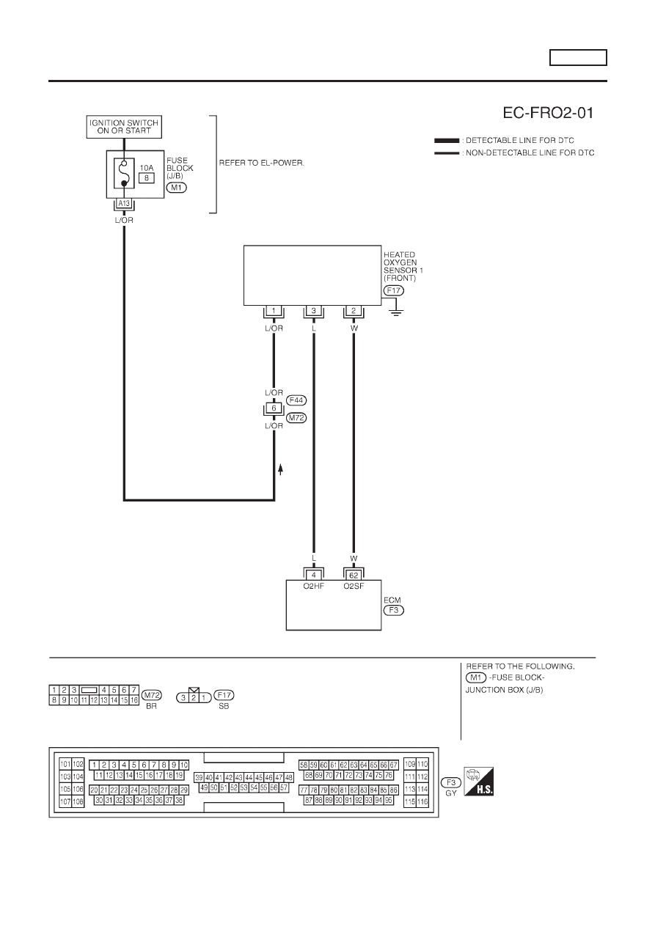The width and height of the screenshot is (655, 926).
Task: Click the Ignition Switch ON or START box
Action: click(x=124, y=127)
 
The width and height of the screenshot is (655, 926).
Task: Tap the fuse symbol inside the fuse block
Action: click(x=124, y=173)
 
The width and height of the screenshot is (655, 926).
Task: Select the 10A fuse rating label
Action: click(x=147, y=168)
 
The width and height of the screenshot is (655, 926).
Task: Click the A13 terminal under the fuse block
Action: click(x=124, y=203)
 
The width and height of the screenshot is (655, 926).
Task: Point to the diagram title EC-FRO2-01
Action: click(x=548, y=113)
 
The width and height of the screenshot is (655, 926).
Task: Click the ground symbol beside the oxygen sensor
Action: click(x=396, y=312)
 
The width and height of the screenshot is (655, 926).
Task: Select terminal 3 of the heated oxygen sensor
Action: click(x=313, y=310)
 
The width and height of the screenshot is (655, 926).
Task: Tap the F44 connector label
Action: click(x=296, y=400)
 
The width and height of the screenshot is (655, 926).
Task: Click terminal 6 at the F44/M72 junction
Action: click(x=274, y=408)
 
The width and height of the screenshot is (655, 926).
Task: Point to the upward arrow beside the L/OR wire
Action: click(x=280, y=469)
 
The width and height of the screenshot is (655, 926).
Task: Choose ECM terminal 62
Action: click(x=354, y=575)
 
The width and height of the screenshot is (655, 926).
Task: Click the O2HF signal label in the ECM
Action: click(x=313, y=587)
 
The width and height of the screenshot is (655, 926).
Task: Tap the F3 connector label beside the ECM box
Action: click(x=394, y=610)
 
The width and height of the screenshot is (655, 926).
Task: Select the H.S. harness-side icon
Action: click(x=478, y=782)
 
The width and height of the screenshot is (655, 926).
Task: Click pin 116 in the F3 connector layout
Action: click(x=422, y=801)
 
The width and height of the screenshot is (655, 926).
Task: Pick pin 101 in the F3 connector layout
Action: click(x=65, y=764)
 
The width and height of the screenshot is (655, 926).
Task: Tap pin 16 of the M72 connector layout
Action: click(x=134, y=700)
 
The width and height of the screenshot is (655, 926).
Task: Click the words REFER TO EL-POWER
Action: click(x=262, y=163)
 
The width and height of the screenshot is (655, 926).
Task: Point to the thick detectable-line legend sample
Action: click(x=447, y=141)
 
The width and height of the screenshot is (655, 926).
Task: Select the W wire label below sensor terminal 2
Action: click(x=354, y=328)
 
